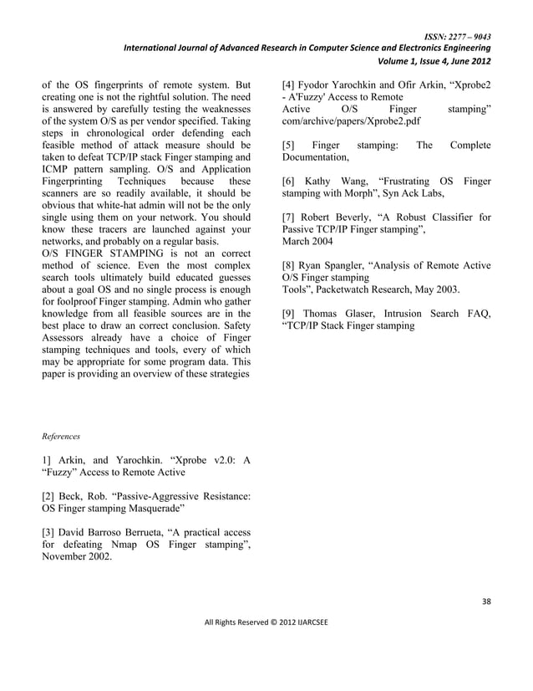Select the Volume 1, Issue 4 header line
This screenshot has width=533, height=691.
coord(434,61)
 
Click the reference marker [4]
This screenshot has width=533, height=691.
coord(289,85)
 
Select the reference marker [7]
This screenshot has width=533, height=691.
coord(289,218)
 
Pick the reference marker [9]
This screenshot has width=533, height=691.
coord(289,314)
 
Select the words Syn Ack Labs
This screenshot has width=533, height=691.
coord(409,193)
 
